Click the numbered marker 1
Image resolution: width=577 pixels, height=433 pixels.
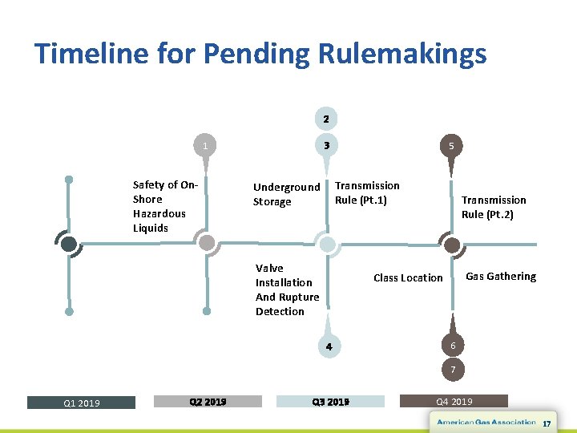205,146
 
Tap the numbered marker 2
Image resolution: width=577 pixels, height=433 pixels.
325,119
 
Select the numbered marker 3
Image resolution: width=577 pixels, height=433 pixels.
325,146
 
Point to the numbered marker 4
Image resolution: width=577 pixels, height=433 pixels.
327,346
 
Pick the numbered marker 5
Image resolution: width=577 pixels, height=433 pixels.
452,146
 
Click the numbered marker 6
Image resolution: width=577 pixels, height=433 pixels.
453,346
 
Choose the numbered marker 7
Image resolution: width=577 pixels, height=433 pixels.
453,370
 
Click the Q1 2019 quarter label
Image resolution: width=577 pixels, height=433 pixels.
82,403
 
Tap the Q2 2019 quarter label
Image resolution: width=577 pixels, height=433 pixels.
208,402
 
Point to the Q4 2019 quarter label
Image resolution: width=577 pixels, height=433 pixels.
454,402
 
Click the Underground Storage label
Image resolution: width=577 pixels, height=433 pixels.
286,194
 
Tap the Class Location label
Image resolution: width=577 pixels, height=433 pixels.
408,277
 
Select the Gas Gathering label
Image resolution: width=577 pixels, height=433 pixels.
501,276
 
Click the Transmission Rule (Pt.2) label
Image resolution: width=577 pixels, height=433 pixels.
494,207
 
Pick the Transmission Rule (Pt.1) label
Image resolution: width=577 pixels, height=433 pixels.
367,192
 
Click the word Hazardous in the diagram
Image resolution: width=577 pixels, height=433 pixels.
159,213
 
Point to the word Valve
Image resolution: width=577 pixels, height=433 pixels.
269,268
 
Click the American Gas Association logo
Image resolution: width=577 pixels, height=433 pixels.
486,422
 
